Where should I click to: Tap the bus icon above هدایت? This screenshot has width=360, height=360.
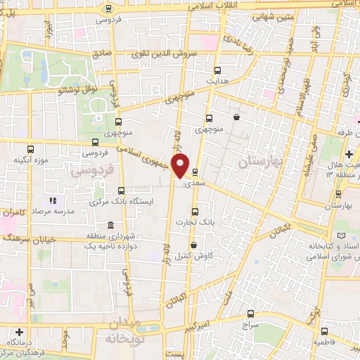(x=217, y=70)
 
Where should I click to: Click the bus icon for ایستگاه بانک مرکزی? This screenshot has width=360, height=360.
(x=121, y=191)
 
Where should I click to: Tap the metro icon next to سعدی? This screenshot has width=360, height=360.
(x=195, y=172)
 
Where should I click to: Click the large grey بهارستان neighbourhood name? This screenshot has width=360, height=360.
(x=259, y=162)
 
